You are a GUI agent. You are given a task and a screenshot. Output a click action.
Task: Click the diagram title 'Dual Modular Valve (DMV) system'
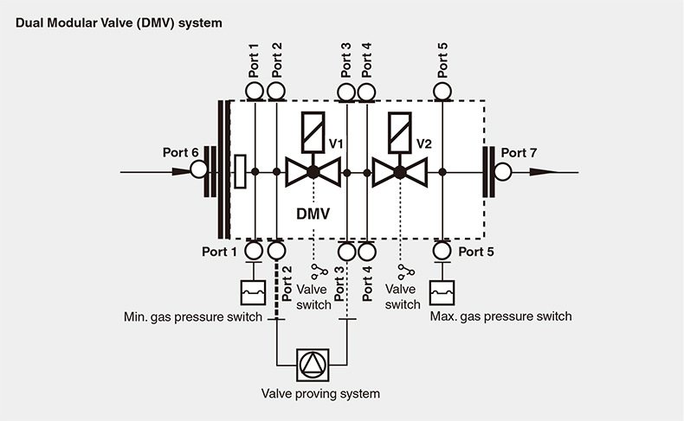[x=119, y=22]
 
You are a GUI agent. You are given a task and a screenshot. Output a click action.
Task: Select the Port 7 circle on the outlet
[x=502, y=171]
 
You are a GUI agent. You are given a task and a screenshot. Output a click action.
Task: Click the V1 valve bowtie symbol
[x=313, y=172]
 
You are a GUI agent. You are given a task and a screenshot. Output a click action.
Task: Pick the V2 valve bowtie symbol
[x=400, y=172]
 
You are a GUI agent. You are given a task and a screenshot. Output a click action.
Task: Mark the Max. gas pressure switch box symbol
[x=442, y=291]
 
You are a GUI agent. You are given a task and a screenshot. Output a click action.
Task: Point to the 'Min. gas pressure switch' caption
[x=192, y=317]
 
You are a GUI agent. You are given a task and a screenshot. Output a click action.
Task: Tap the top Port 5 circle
[x=442, y=91]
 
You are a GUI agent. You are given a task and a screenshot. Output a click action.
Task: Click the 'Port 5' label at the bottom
[x=475, y=252]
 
